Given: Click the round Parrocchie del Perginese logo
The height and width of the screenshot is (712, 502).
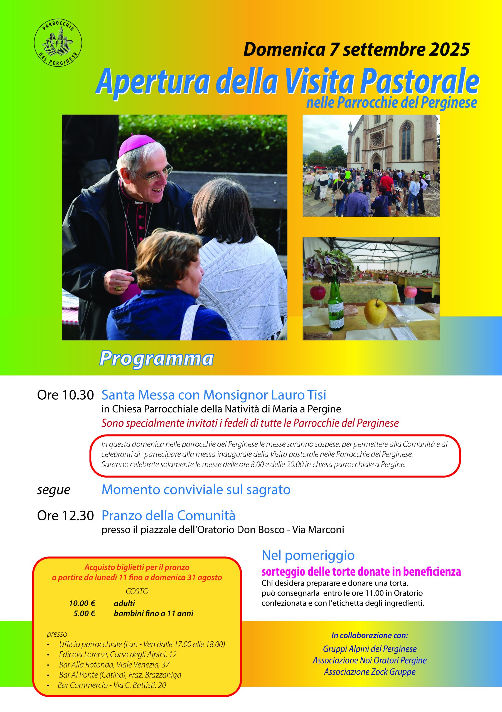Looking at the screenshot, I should (x=58, y=42).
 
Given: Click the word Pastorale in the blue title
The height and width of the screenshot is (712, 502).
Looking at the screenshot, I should (x=419, y=81).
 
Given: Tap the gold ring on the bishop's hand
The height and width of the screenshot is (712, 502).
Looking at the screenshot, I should (x=118, y=288).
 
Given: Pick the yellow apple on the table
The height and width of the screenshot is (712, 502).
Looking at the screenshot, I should (x=375, y=311).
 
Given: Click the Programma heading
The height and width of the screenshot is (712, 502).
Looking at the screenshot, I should (x=156, y=359).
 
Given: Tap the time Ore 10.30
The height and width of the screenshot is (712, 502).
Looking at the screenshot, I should (x=65, y=395).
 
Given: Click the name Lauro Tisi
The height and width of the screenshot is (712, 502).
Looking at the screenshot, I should (x=299, y=395).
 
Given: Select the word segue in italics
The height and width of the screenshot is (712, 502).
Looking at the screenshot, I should (x=54, y=490).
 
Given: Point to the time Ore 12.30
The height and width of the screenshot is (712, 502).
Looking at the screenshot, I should (x=65, y=516).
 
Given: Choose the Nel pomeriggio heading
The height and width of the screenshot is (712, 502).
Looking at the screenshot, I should (x=308, y=555).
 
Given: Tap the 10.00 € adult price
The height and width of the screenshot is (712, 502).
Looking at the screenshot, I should (x=82, y=603).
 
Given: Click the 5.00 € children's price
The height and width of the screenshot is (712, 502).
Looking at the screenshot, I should (x=84, y=613).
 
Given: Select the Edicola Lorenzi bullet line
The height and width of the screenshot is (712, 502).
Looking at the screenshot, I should (x=118, y=654).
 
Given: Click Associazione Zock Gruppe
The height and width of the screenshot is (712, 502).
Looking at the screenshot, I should (x=370, y=672).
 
